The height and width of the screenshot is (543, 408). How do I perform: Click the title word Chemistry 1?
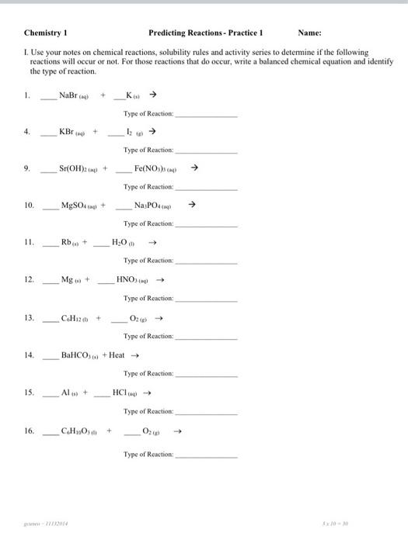pos(47,33)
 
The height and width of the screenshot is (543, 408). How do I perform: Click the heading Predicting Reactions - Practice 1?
pos(206,33)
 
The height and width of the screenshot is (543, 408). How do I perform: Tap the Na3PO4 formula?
pos(152,206)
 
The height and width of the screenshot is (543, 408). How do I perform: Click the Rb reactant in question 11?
pos(70,241)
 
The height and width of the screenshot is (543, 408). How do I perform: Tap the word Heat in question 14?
pos(117,355)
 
